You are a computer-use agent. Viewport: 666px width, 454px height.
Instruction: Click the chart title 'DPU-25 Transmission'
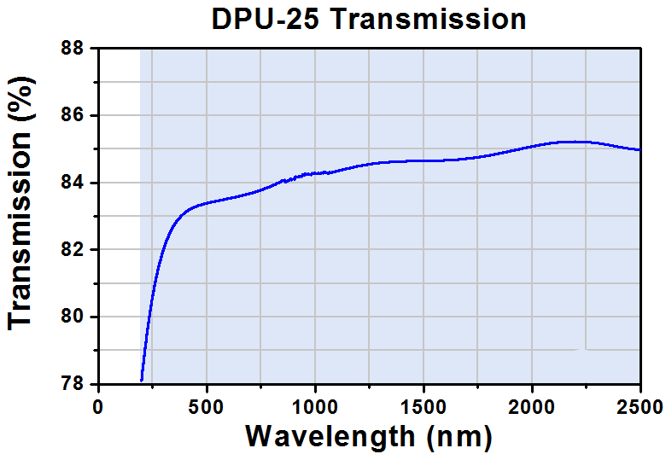[x=369, y=19]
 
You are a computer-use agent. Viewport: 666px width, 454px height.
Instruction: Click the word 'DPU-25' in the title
[x=266, y=19]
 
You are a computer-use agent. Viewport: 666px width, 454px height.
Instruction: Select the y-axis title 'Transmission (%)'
[x=20, y=203]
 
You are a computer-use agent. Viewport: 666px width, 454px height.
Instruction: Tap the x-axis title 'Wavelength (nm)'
[x=369, y=436]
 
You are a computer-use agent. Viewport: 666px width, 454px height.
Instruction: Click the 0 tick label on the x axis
[x=98, y=407]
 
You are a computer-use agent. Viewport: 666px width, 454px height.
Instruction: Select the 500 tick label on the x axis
[x=207, y=407]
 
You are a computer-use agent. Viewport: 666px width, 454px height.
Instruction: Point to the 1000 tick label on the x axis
[x=315, y=407]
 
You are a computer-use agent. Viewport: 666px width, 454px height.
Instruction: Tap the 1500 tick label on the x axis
[x=424, y=407]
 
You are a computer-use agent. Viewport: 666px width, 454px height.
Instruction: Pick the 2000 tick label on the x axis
[x=532, y=407]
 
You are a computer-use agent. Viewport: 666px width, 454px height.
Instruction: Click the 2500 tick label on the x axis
[x=640, y=407]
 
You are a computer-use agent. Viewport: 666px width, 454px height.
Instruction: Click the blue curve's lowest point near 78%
[x=142, y=381]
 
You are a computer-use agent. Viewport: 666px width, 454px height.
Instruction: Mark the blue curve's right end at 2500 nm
[x=640, y=149]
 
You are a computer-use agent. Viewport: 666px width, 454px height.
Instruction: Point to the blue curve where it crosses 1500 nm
[x=424, y=160]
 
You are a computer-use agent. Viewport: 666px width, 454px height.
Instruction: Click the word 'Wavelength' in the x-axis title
[x=330, y=436]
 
